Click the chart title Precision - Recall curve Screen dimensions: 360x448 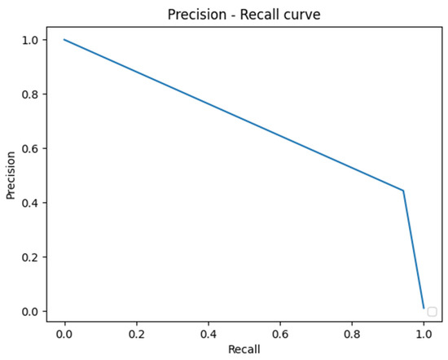tap(244, 15)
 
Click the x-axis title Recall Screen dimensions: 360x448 tap(244, 349)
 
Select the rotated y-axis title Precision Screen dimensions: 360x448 tap(11, 174)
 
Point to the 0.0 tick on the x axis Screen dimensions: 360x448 tap(64, 333)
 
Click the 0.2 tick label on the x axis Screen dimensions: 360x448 tap(136, 333)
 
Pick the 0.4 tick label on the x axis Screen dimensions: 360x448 tap(208, 333)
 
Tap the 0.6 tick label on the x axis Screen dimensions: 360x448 tap(279, 333)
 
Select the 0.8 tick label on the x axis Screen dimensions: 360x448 tap(352, 333)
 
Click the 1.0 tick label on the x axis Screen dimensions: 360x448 tap(424, 333)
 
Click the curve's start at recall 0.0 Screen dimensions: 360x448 tap(64, 40)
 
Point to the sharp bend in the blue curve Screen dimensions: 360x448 tap(403, 191)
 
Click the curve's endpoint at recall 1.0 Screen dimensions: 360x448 tap(424, 309)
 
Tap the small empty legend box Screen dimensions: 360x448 tap(432, 311)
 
